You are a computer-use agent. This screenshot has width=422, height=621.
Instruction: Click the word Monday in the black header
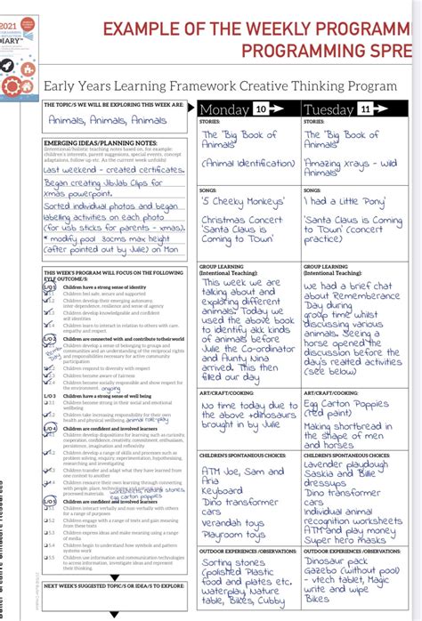click(226, 109)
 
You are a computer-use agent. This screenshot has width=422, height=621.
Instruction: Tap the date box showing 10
click(261, 109)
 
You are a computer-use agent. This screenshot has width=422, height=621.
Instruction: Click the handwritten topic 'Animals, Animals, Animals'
click(95, 120)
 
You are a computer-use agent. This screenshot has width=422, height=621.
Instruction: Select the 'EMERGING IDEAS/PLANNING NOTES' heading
click(100, 142)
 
